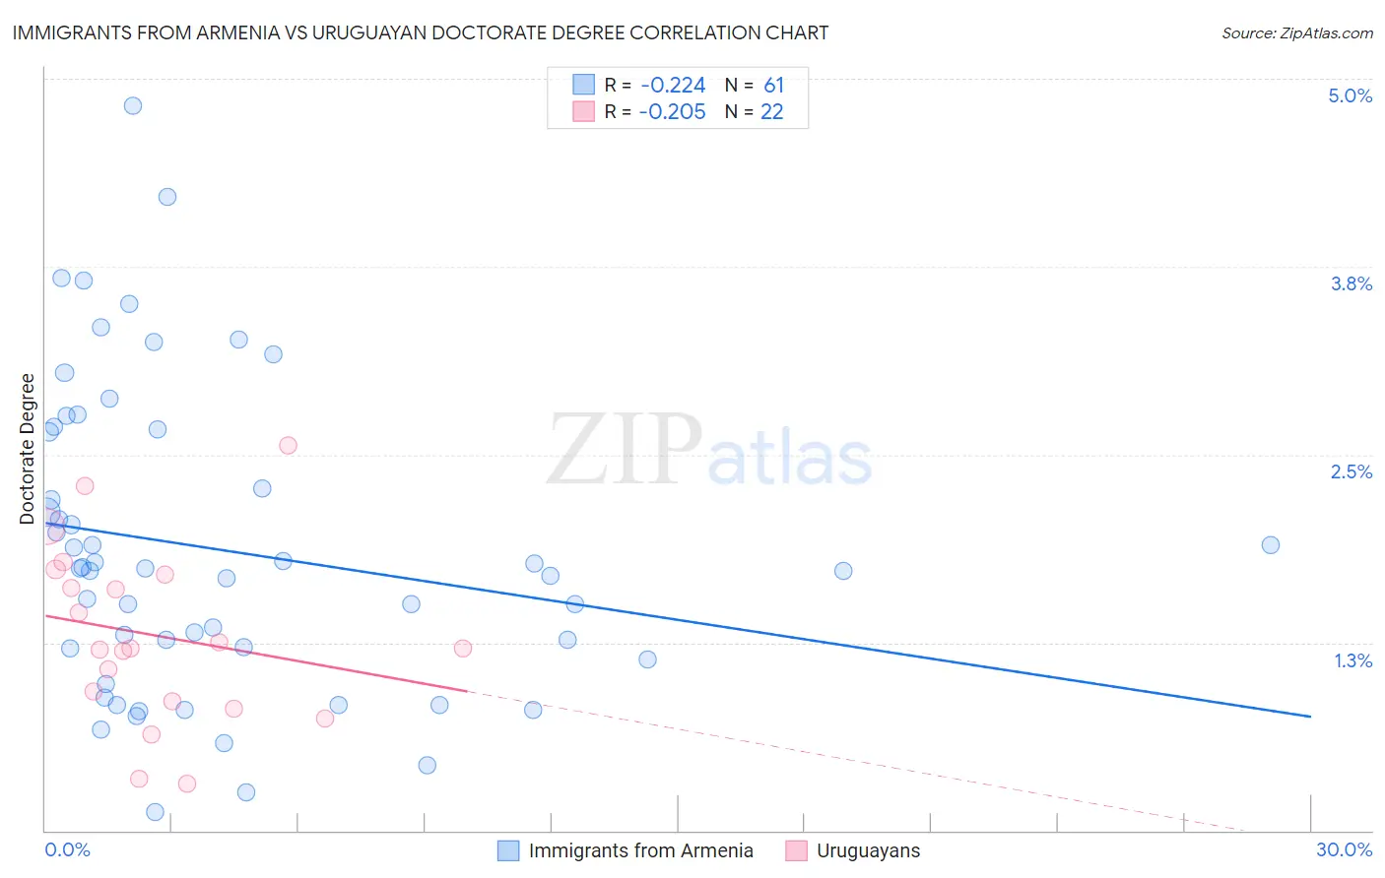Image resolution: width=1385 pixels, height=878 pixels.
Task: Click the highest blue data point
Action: (x=133, y=105)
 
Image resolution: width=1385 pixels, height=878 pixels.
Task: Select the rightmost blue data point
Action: (x=1271, y=545)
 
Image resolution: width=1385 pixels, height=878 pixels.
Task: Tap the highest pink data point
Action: (x=288, y=445)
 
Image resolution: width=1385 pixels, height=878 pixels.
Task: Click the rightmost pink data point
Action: (x=463, y=648)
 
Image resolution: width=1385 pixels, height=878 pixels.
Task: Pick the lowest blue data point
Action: (x=155, y=812)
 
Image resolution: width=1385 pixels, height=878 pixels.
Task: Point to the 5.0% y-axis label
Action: (x=1350, y=95)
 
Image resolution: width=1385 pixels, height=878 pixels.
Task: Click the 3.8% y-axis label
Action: (x=1351, y=283)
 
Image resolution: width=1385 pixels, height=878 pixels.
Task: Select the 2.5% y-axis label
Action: (x=1351, y=471)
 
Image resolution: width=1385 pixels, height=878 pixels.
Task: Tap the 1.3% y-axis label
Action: (x=1352, y=660)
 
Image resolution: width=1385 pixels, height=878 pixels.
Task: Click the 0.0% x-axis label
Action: (x=67, y=849)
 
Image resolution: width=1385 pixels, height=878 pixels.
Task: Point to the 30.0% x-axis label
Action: (x=1344, y=849)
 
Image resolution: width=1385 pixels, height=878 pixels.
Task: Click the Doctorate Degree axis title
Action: (x=28, y=449)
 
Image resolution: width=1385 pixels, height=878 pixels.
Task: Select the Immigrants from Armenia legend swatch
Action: (x=508, y=850)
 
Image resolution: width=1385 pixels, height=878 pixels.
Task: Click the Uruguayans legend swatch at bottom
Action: (x=796, y=850)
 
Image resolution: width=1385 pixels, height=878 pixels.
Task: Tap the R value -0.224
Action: (x=672, y=86)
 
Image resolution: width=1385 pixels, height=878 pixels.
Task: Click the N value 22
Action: (x=771, y=112)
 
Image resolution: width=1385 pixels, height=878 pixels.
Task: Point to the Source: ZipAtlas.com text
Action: (x=1296, y=33)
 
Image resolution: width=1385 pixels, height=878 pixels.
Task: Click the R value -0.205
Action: (x=672, y=112)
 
